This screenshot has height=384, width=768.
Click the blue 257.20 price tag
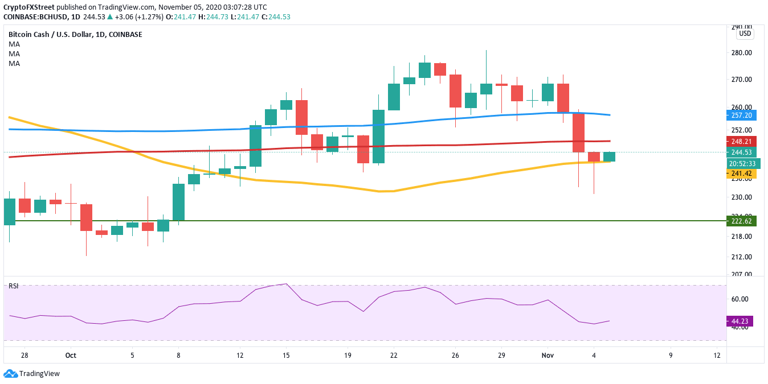coord(741,115)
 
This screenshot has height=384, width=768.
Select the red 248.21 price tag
coord(741,141)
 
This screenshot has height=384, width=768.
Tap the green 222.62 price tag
coord(741,221)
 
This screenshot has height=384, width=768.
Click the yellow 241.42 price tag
coord(741,174)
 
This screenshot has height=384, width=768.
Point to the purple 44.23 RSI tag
coord(741,321)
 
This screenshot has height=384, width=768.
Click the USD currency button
coord(745,34)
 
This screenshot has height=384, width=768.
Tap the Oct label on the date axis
coord(71,355)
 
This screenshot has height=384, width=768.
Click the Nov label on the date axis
coord(548,355)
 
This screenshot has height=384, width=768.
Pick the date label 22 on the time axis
coord(394,355)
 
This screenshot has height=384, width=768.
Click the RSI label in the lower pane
coord(13,286)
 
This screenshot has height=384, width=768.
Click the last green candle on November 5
coord(609,156)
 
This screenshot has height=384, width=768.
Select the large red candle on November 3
coord(578,132)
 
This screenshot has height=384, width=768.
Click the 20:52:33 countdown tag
coord(741,163)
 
